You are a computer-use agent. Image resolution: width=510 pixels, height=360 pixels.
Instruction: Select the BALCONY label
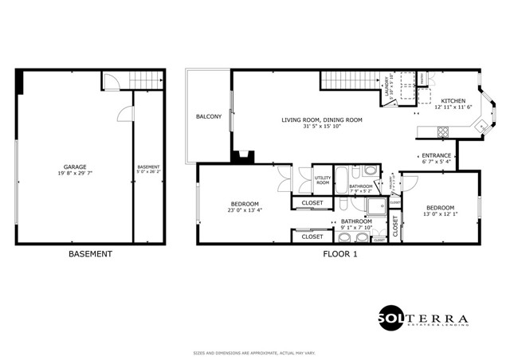209,117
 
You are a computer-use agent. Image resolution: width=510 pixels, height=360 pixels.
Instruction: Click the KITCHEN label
453,101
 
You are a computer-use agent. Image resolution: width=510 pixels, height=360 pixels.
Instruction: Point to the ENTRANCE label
436,155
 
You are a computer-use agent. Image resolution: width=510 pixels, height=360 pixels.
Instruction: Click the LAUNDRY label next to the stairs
386,87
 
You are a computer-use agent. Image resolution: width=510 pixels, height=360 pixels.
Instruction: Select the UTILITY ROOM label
323,180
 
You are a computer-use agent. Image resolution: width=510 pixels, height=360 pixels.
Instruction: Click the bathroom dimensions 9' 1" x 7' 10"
356,227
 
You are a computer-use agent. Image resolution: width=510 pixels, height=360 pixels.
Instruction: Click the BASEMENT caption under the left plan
90,255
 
